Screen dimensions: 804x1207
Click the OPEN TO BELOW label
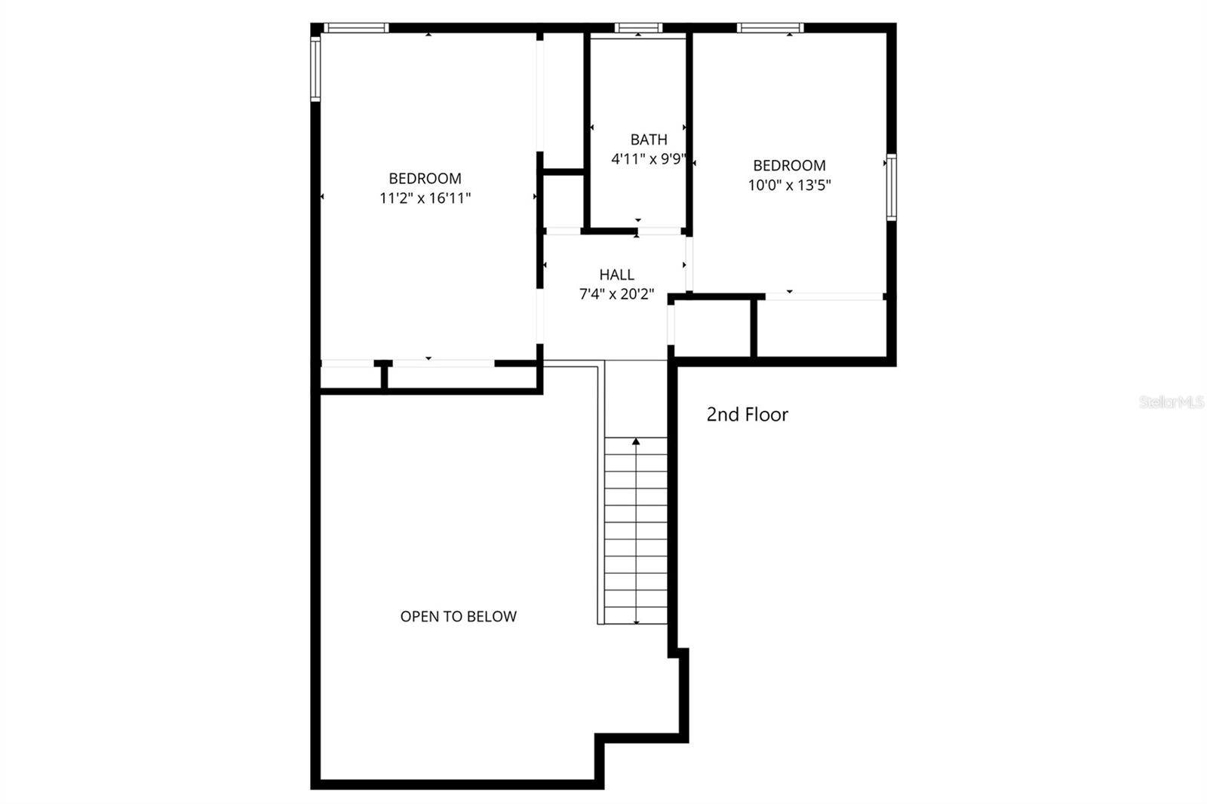pos(458,616)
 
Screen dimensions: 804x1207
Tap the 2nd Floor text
pos(747,414)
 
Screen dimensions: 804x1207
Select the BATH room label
pos(649,140)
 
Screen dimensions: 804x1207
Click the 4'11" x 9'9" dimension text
pos(649,159)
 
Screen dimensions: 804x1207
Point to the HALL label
pos(616,275)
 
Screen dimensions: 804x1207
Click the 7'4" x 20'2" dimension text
pos(616,294)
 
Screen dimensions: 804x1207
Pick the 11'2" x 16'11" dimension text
pos(425,198)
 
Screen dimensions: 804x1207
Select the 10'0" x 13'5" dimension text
pos(789,185)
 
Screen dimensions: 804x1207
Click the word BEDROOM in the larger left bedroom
pos(425,179)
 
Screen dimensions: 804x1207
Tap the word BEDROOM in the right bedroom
pos(789,165)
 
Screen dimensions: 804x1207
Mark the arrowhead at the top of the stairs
pos(636,441)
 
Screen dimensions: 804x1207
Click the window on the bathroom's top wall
pos(638,28)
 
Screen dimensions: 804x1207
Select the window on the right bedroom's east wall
pos(891,187)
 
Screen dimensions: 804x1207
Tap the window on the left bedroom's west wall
pos(315,69)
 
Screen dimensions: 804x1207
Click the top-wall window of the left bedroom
pos(356,28)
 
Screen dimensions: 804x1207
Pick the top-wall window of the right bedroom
pos(770,28)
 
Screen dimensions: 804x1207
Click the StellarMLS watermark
pos(1172,403)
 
